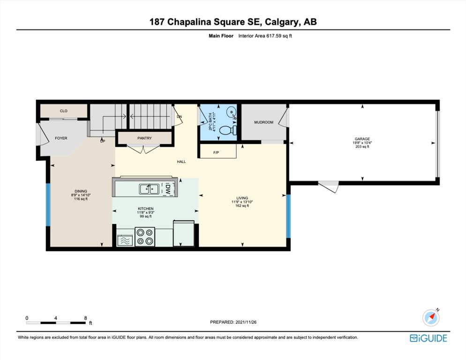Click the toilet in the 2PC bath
[x=228, y=130]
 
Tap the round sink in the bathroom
[x=232, y=112]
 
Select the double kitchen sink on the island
[x=149, y=189]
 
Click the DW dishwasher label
[x=167, y=189]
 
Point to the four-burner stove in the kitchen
[x=145, y=237]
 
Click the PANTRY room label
[x=144, y=138]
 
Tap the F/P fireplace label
[x=216, y=152]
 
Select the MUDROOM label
[x=263, y=122]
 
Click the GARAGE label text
[x=362, y=139]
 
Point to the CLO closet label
[x=64, y=111]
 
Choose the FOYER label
[x=61, y=138]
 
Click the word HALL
[x=181, y=162]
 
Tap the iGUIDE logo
[x=428, y=338]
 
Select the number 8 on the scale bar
[x=86, y=318]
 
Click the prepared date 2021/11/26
[x=246, y=322]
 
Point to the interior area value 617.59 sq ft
[x=278, y=36]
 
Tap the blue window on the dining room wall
[x=48, y=204]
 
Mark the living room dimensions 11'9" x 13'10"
[x=242, y=202]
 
